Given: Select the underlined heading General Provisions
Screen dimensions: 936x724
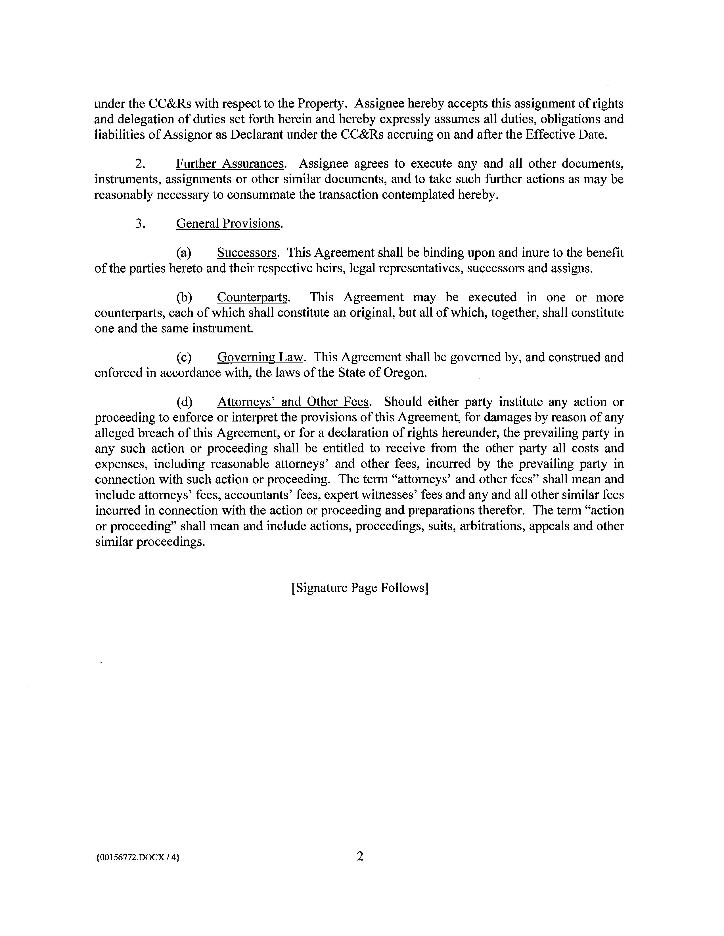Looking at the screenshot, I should click(228, 224).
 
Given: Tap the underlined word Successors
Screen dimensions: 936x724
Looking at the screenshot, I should click(247, 253).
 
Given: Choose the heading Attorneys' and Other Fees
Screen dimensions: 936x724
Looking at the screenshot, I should click(293, 402).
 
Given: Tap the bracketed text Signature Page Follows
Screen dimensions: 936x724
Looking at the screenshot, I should click(360, 588).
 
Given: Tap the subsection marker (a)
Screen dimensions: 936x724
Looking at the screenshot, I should click(184, 253).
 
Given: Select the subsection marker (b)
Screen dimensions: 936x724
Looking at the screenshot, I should click(184, 298).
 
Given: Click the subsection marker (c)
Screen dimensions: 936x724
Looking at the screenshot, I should click(184, 357).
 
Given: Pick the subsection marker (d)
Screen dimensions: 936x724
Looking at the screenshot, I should click(184, 402).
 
